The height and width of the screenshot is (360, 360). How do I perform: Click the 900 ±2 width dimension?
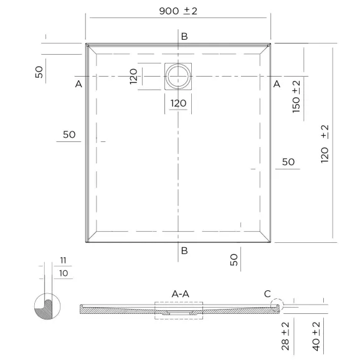pos(178,11)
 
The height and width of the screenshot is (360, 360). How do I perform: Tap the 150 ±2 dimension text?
pos(296,97)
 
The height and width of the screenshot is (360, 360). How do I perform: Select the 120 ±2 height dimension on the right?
pos(324,144)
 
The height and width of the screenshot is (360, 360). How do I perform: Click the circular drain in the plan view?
pos(178,76)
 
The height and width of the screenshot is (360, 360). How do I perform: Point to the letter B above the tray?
pos(184,37)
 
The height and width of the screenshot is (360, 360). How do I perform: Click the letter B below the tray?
pos(184,251)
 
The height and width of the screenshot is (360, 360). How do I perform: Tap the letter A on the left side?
pos(78,84)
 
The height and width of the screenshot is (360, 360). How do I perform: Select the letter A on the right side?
pos(277,84)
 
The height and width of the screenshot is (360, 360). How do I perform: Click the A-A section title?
pos(181,294)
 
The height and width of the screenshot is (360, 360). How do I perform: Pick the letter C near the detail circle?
pos(267,294)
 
